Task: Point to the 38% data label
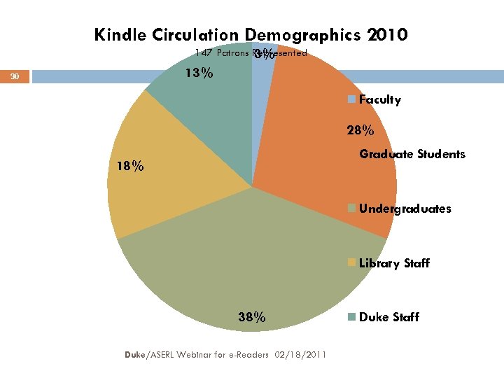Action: tap(251, 317)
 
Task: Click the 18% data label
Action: tap(131, 167)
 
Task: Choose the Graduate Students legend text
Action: tap(412, 154)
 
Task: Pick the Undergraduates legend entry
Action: tap(405, 209)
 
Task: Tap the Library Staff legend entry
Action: tap(394, 263)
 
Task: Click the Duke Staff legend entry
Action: tap(388, 317)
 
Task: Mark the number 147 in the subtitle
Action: tap(204, 52)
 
